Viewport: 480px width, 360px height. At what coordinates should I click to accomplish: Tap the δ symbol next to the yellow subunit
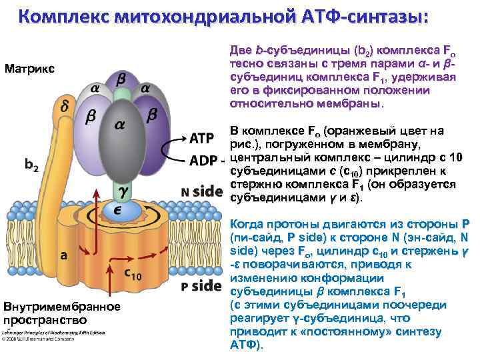click(x=65, y=106)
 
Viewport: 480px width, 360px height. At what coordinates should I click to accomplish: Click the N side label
click(x=201, y=191)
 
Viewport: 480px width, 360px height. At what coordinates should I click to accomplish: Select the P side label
click(x=201, y=286)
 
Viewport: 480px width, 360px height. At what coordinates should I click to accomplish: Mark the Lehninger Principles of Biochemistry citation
click(x=53, y=332)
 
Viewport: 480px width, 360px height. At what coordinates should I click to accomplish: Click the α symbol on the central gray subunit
click(x=119, y=124)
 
